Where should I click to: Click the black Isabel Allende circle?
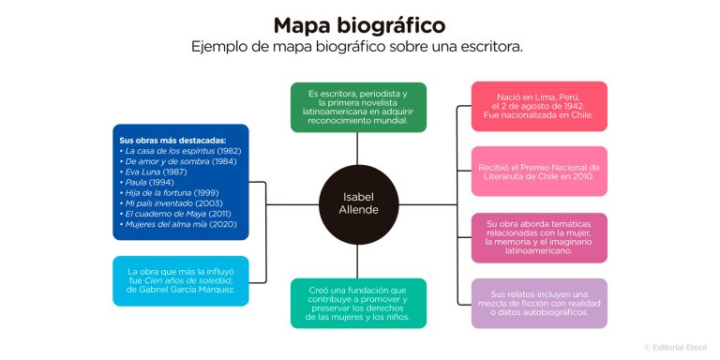click(x=360, y=204)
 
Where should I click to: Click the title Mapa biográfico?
click(x=359, y=24)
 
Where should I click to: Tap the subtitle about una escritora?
click(x=359, y=46)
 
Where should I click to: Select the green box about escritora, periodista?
click(x=358, y=108)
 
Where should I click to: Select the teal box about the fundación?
click(x=358, y=303)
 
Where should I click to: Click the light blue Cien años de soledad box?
click(x=181, y=281)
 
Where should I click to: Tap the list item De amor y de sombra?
click(x=174, y=160)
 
